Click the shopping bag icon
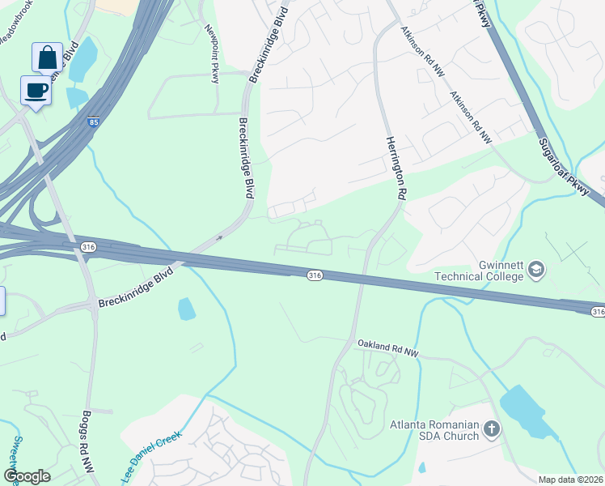47,58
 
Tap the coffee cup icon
36,91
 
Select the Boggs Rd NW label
87,441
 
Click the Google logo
27,475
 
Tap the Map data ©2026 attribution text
570,480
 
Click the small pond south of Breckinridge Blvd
187,309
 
